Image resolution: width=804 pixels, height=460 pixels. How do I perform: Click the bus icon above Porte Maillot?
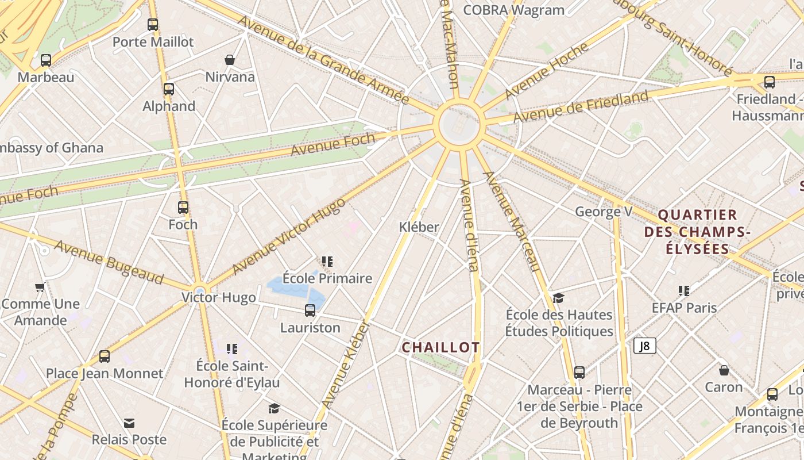(153, 25)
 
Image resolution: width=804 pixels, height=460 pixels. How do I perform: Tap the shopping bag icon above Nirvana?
(230, 60)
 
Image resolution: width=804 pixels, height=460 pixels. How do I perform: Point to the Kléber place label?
(419, 227)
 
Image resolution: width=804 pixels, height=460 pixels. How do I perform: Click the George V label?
(604, 212)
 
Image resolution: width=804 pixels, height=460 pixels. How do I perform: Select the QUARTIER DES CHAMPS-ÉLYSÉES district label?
(697, 232)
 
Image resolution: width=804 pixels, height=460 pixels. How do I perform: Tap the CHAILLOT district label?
(440, 347)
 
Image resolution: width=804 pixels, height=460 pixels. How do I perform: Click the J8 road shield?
(645, 346)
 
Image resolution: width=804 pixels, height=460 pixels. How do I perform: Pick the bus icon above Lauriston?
(310, 310)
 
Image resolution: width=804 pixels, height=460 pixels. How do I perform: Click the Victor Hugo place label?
(218, 297)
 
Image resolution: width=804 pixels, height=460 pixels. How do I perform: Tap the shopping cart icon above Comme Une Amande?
(40, 287)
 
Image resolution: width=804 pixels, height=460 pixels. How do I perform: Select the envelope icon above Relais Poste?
(129, 423)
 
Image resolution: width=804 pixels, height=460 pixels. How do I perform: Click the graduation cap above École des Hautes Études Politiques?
(558, 298)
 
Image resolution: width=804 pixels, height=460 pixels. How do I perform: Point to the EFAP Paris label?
(684, 308)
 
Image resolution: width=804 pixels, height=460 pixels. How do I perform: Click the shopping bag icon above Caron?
(724, 370)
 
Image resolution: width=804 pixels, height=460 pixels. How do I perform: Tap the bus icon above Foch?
(183, 208)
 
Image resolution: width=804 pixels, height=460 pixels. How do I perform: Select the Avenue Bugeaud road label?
(109, 262)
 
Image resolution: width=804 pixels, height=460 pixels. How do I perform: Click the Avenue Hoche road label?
(546, 71)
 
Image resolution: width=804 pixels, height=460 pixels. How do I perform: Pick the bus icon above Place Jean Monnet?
(105, 356)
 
